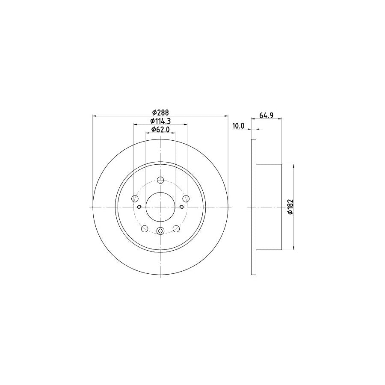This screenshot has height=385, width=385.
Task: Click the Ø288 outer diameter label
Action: (x=160, y=113)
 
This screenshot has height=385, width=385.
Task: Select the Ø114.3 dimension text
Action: (x=160, y=121)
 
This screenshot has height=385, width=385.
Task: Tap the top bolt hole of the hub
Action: (x=160, y=180)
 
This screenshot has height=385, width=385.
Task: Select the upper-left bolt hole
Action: (x=135, y=198)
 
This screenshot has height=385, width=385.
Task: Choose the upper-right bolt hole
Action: (x=186, y=198)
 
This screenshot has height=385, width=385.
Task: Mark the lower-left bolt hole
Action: (x=145, y=228)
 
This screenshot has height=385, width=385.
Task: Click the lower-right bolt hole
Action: (x=176, y=228)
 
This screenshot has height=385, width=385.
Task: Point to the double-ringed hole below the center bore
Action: (x=160, y=231)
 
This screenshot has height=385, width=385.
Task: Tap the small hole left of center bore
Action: (x=139, y=207)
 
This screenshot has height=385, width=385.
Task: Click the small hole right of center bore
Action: (x=181, y=207)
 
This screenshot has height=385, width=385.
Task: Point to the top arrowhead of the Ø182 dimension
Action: (x=294, y=166)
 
